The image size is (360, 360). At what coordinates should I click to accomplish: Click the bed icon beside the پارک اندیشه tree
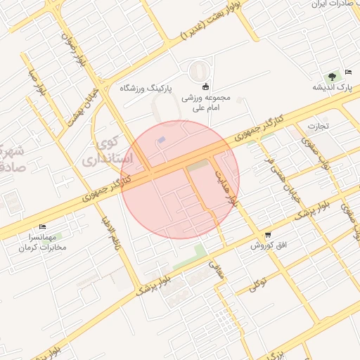click(x=349, y=73)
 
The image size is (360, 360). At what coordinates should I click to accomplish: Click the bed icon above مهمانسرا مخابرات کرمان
click(x=42, y=226)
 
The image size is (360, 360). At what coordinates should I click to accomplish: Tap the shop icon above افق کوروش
click(x=267, y=234)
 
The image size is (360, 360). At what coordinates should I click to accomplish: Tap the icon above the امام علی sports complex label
click(x=205, y=87)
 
